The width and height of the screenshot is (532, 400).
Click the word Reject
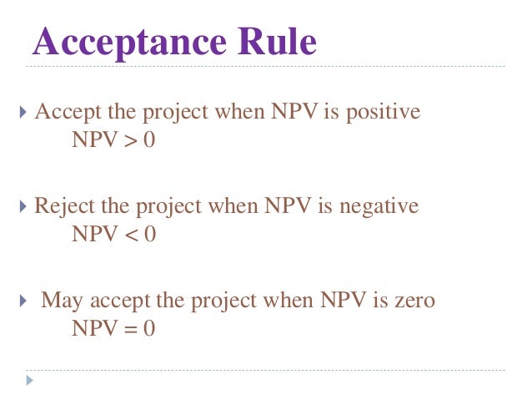click(x=60, y=206)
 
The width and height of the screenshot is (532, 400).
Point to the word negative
click(x=383, y=206)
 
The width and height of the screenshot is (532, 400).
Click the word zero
click(x=416, y=299)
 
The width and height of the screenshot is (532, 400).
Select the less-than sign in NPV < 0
click(x=130, y=235)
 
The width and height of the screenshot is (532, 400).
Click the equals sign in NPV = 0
click(x=130, y=329)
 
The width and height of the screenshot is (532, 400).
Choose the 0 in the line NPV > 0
click(x=149, y=140)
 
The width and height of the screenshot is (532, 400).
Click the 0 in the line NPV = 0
click(x=149, y=328)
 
